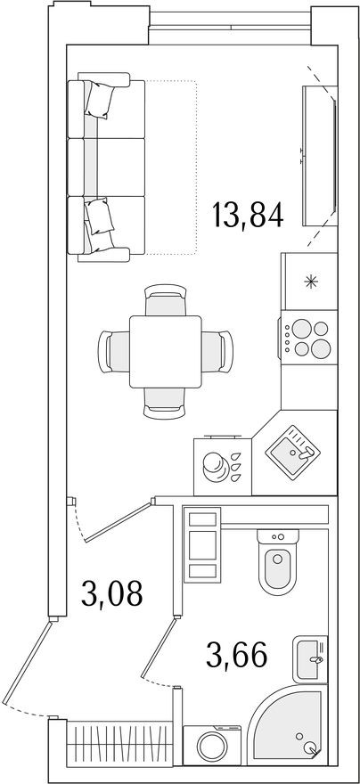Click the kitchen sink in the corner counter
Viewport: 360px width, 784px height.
292,455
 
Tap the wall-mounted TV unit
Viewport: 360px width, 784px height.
320,157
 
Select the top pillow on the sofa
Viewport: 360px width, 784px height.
101,97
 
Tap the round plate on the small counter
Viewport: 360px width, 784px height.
214,464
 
